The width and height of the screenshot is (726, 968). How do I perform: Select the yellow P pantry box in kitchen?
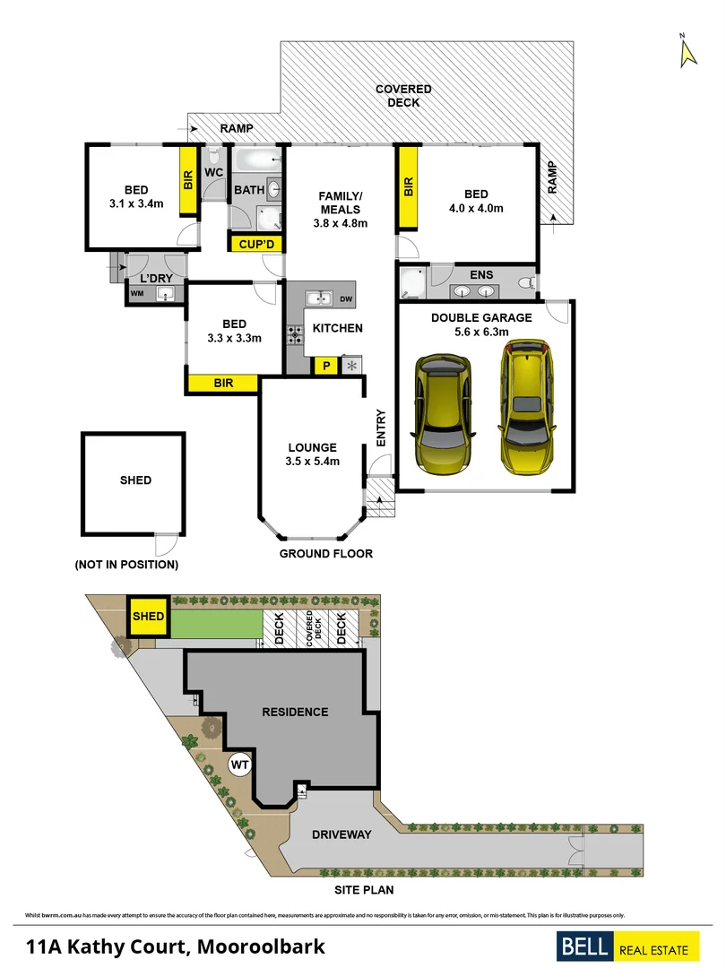point(323,366)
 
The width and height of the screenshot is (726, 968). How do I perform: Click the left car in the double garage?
point(441,412)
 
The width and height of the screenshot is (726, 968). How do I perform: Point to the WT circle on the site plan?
point(239,765)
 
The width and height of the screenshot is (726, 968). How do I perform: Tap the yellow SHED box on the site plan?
point(149,617)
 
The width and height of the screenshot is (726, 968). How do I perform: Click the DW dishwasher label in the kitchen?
point(346,298)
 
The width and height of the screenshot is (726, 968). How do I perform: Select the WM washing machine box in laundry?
point(137,294)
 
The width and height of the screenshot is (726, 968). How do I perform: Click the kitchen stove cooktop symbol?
point(295,334)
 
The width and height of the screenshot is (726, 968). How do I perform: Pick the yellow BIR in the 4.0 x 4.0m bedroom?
point(408,187)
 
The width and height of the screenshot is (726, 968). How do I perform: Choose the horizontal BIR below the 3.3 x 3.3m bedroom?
point(223,384)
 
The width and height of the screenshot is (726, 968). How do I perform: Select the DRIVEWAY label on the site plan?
point(341,834)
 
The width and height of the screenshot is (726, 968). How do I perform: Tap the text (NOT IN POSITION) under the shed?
point(126,565)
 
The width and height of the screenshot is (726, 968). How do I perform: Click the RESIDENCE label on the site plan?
point(295,713)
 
